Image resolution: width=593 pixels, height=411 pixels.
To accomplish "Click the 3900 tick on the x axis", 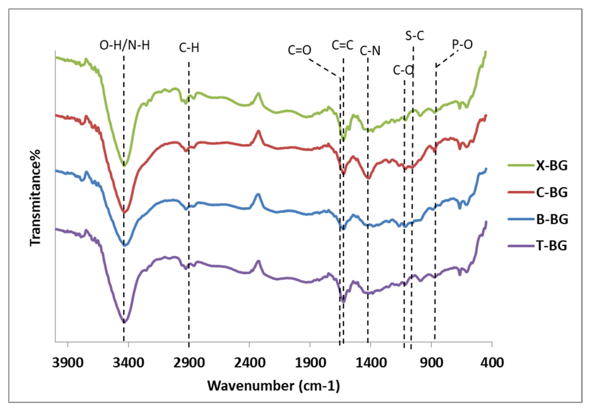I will pos(68,363).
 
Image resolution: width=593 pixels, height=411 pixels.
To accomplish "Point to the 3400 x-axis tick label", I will pos(128,363).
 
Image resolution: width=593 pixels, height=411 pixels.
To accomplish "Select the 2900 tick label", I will pos(189,363).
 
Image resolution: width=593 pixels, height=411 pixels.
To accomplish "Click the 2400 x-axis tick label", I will pos(249,363).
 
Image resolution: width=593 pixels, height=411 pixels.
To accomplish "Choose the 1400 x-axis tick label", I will pos(371,363).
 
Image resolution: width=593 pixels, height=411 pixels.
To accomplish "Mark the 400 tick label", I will pos(491,363).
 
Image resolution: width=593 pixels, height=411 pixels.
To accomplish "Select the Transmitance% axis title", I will pos(35,198).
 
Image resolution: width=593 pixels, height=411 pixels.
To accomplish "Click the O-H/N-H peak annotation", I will pos(125,46).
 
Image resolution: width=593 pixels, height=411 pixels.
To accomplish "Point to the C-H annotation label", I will pos(189,48).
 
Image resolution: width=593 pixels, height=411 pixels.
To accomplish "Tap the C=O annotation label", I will pos(299,50).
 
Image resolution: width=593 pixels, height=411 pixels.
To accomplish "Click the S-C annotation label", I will pos(414,36).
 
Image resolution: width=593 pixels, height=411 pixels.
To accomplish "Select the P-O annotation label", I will pos(462,45).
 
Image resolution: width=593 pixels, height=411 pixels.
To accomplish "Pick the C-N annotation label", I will pos(370,51).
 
